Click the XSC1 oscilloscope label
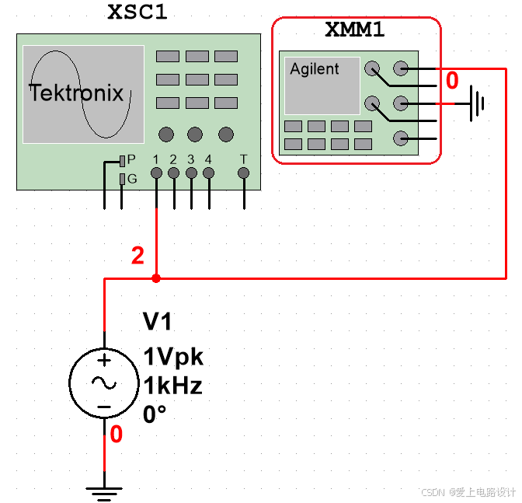(137, 13)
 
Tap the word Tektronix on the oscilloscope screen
(77, 94)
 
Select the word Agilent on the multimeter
(315, 69)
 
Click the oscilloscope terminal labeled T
(244, 173)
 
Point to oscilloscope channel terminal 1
(156, 173)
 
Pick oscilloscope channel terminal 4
(208, 173)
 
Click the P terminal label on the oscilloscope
(131, 159)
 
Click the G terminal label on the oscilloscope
(131, 179)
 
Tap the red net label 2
(137, 256)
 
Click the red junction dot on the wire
(156, 278)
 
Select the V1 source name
(158, 322)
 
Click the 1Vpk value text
(173, 357)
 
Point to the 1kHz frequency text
(172, 386)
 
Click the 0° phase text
(155, 414)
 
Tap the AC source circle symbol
(104, 382)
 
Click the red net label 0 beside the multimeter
(452, 81)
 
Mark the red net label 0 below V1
(116, 435)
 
